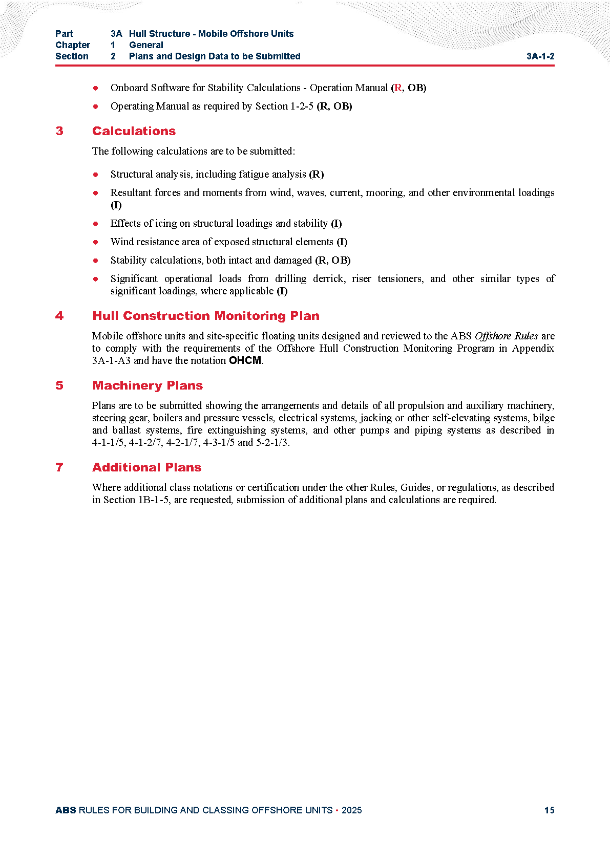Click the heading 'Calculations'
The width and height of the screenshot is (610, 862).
tap(134, 131)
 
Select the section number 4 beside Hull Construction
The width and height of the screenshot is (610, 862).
tap(59, 316)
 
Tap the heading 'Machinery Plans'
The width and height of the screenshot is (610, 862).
tap(148, 385)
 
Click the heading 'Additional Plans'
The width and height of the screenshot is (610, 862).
tap(146, 467)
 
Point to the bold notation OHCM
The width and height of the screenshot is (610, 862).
tap(245, 360)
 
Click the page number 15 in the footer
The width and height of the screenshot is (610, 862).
tap(549, 810)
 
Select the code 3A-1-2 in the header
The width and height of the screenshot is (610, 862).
tap(540, 56)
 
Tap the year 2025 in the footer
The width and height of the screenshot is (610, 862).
tap(351, 810)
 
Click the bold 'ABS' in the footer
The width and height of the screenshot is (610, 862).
tap(66, 810)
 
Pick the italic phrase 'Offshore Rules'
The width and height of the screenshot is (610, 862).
tap(506, 336)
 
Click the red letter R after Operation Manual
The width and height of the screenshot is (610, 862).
tap(397, 88)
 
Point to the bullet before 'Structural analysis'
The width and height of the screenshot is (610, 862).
tap(96, 175)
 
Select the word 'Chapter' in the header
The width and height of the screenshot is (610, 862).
tap(73, 45)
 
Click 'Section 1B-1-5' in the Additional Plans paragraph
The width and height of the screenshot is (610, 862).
tap(136, 500)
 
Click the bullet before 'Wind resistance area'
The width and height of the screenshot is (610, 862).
tap(96, 242)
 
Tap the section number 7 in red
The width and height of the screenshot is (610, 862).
tap(59, 467)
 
